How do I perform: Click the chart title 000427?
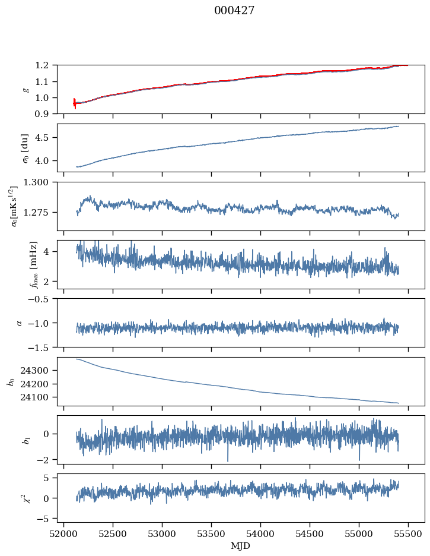point(234,11)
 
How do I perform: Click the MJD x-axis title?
point(241,545)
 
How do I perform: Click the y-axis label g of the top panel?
point(25,89)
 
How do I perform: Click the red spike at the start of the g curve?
point(74,103)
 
